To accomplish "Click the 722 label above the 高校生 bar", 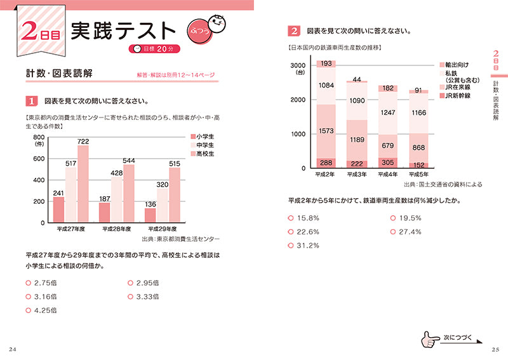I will coord(83,140).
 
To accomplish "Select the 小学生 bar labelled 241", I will coord(58,210).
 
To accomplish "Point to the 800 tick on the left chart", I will coord(39,137).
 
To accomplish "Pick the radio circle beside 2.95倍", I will coord(131,283).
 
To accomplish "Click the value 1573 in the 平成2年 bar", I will coord(326,131).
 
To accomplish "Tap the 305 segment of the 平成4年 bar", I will coord(388,162).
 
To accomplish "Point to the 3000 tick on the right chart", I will coord(298,65).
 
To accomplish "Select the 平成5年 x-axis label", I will coord(418,174).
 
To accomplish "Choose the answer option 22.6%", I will coord(308,232).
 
